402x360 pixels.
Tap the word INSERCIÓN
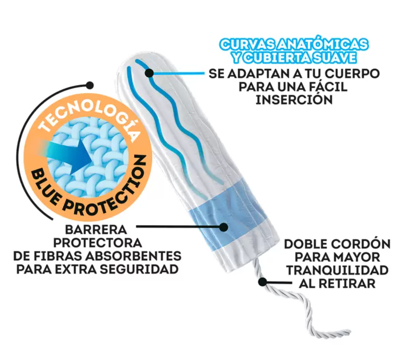click(294, 100)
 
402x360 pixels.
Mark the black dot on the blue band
click(224, 227)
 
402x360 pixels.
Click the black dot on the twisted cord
click(263, 282)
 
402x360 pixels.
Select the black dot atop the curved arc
click(90, 85)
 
